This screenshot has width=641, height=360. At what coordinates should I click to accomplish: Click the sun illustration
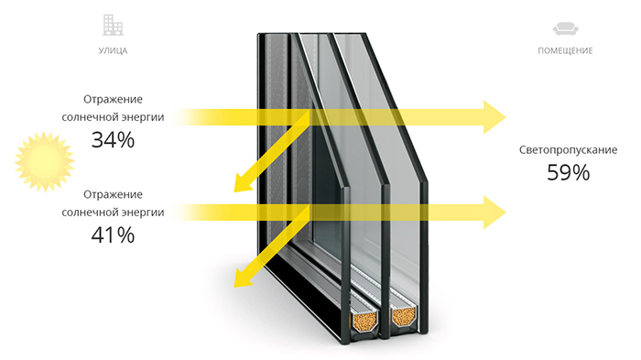[45, 161]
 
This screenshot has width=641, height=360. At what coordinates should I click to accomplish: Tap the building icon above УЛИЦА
[113, 25]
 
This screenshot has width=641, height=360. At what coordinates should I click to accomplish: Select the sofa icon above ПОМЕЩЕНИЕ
[565, 29]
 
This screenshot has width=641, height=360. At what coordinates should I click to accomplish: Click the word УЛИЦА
[113, 50]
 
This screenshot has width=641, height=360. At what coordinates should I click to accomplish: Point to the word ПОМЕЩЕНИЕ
[565, 50]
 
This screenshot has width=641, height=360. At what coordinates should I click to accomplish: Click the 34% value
[113, 140]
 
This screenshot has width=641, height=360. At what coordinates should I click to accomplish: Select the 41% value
[113, 235]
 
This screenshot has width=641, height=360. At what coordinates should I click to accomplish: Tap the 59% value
[569, 172]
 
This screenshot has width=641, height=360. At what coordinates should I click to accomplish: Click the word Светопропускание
[569, 150]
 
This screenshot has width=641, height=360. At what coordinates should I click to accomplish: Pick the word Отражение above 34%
[113, 100]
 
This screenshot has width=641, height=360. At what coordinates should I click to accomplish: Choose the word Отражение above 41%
[113, 195]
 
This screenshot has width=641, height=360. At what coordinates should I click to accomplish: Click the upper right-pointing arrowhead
[494, 117]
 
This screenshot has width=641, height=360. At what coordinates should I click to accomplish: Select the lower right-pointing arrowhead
[494, 213]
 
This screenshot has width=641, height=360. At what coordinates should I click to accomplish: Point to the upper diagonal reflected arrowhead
[243, 183]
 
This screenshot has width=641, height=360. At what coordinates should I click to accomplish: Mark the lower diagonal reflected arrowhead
[243, 278]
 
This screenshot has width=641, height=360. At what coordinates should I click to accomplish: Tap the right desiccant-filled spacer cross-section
[404, 316]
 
